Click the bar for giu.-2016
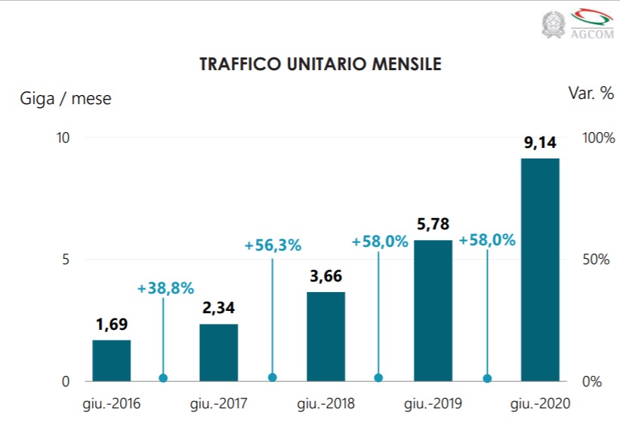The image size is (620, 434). (112, 361)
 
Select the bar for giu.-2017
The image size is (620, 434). (219, 352)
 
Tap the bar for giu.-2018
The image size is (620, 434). (325, 336)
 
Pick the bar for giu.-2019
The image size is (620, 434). (433, 310)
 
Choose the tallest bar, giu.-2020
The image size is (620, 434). (540, 269)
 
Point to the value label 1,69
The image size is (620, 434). (112, 325)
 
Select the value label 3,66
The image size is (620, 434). (325, 277)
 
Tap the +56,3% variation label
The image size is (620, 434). (273, 245)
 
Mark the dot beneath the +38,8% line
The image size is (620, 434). (163, 378)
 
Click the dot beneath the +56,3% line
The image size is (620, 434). (273, 377)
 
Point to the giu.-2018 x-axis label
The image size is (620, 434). (325, 404)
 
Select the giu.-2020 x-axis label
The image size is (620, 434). (540, 404)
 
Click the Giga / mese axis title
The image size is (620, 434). (66, 98)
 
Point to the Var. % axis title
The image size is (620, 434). (591, 93)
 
